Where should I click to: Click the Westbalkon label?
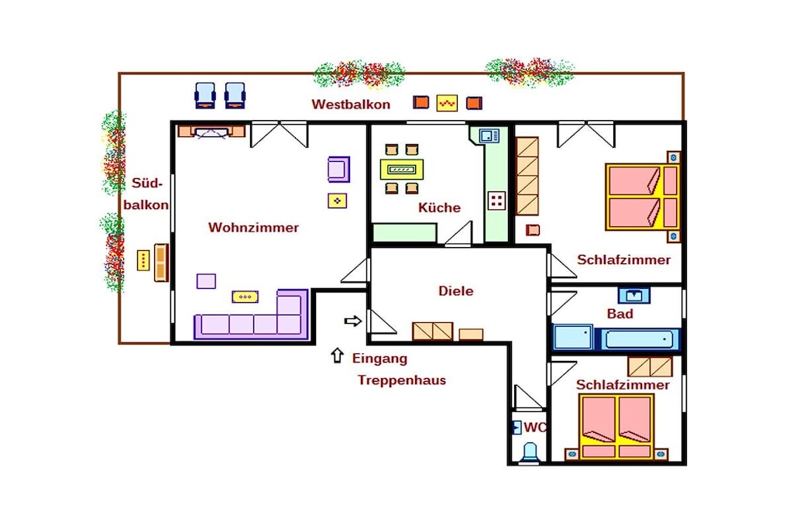[x=351, y=105]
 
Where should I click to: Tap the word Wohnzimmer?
[x=253, y=227]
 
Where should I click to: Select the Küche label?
[x=439, y=208]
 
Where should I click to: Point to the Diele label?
[x=455, y=290]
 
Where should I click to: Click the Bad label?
[x=620, y=314]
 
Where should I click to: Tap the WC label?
[x=534, y=428]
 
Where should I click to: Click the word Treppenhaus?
[x=402, y=380]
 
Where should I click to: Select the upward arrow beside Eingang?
[x=338, y=356]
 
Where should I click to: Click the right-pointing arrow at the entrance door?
[x=352, y=321]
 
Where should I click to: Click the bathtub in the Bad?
[x=639, y=339]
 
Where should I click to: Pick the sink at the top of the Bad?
[x=633, y=295]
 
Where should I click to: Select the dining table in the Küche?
[x=402, y=170]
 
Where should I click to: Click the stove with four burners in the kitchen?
[x=496, y=201]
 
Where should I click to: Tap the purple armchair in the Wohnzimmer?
[x=338, y=170]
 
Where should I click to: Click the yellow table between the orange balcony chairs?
[x=447, y=103]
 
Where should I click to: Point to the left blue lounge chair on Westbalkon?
[x=204, y=95]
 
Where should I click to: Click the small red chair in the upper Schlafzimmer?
[x=533, y=230]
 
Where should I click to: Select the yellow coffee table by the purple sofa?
[x=245, y=297]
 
